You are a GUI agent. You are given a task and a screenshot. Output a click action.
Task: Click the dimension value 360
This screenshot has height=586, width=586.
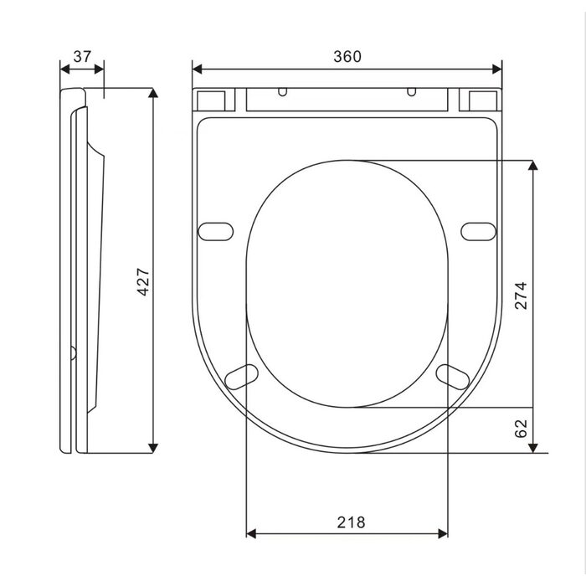(347, 56)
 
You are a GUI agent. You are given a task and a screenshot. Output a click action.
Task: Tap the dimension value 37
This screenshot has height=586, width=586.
(82, 56)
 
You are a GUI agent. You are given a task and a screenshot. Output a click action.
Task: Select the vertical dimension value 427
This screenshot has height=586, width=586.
(143, 282)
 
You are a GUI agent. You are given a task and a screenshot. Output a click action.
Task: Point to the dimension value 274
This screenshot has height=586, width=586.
(521, 296)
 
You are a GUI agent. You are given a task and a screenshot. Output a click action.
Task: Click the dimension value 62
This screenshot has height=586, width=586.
(521, 429)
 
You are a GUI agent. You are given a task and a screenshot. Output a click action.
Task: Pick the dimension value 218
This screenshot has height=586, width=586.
(351, 522)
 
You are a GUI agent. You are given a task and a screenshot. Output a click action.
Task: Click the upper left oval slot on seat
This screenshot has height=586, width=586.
(216, 232)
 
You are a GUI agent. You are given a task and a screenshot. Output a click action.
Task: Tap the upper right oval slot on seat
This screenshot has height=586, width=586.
(478, 232)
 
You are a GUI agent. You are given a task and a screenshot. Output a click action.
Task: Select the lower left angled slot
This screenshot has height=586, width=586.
(241, 377)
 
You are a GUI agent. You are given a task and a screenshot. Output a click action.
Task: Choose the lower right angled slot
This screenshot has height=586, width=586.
(453, 377)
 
